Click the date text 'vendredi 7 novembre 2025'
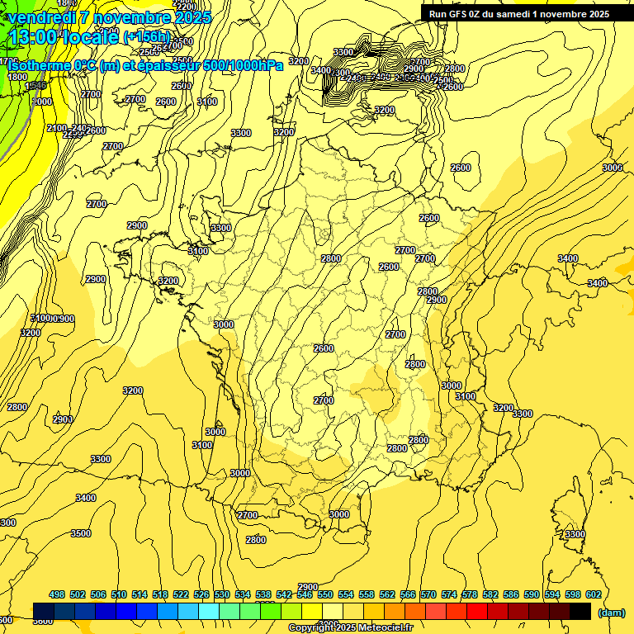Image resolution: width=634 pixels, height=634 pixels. [x=109, y=17]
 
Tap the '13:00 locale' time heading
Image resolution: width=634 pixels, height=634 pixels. [x=62, y=36]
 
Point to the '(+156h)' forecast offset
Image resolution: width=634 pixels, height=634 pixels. [x=146, y=37]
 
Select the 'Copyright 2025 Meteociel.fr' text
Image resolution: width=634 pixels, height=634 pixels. [x=350, y=627]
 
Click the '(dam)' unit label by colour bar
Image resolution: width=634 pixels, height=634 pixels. [x=610, y=612]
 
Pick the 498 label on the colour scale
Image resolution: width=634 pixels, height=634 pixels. [x=57, y=594]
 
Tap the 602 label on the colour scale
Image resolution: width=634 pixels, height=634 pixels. [x=593, y=594]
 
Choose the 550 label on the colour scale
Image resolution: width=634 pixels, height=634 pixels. [x=325, y=594]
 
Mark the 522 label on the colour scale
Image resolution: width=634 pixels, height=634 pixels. [x=181, y=594]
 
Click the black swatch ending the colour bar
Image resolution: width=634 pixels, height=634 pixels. [x=580, y=611]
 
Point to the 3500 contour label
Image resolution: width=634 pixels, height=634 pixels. [x=81, y=533]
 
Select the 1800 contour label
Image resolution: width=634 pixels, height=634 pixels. [x=17, y=77]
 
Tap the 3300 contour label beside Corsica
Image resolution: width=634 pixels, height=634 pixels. [x=575, y=535]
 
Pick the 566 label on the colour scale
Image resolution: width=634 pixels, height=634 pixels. [x=407, y=594]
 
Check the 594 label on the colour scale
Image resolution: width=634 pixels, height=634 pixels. [x=551, y=594]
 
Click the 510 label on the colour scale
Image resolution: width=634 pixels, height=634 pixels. [x=119, y=594]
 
